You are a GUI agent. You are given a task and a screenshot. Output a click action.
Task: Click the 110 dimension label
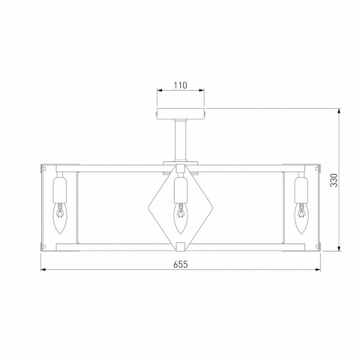click(180, 85)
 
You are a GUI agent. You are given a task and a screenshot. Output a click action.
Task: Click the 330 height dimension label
click(334, 180)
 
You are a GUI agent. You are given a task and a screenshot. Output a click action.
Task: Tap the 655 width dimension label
click(181, 265)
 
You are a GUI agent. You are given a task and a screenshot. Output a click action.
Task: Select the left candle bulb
click(60, 218)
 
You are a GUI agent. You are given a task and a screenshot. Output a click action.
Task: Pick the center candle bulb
click(181, 218)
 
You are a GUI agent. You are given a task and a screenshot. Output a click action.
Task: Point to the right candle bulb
click(301, 218)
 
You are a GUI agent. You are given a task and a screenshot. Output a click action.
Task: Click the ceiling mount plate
click(181, 113)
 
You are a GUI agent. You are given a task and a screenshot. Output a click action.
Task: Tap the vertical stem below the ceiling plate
click(181, 140)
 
